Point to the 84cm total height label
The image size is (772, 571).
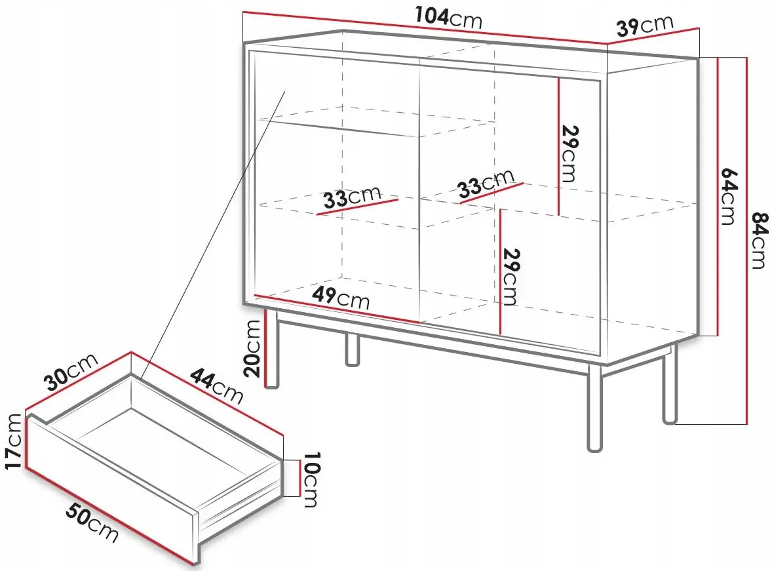tap(760, 241)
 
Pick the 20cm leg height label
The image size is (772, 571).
tap(252, 348)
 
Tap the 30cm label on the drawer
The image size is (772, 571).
tap(71, 372)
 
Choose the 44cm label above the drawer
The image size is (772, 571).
tap(217, 385)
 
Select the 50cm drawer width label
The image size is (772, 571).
tap(92, 524)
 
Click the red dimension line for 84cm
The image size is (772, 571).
tap(747, 241)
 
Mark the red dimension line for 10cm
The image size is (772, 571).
tap(299, 478)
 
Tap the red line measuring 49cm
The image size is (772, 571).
tap(336, 309)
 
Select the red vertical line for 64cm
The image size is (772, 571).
tap(718, 197)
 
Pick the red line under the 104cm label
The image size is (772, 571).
tap(425, 28)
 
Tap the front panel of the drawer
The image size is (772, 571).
tap(110, 486)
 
